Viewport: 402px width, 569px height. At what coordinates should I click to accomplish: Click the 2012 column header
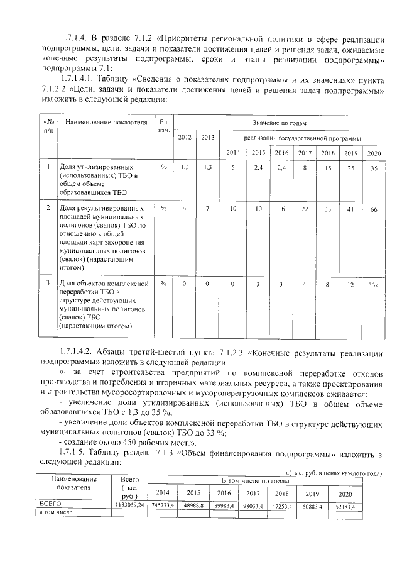185,138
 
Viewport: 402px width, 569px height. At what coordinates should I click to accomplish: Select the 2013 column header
208,138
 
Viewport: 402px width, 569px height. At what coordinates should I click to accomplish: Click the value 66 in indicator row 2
373,209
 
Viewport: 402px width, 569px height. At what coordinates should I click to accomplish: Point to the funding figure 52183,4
344,505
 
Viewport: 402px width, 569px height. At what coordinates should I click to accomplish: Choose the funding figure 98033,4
253,504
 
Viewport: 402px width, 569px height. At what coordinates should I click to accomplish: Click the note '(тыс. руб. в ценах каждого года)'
334,472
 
